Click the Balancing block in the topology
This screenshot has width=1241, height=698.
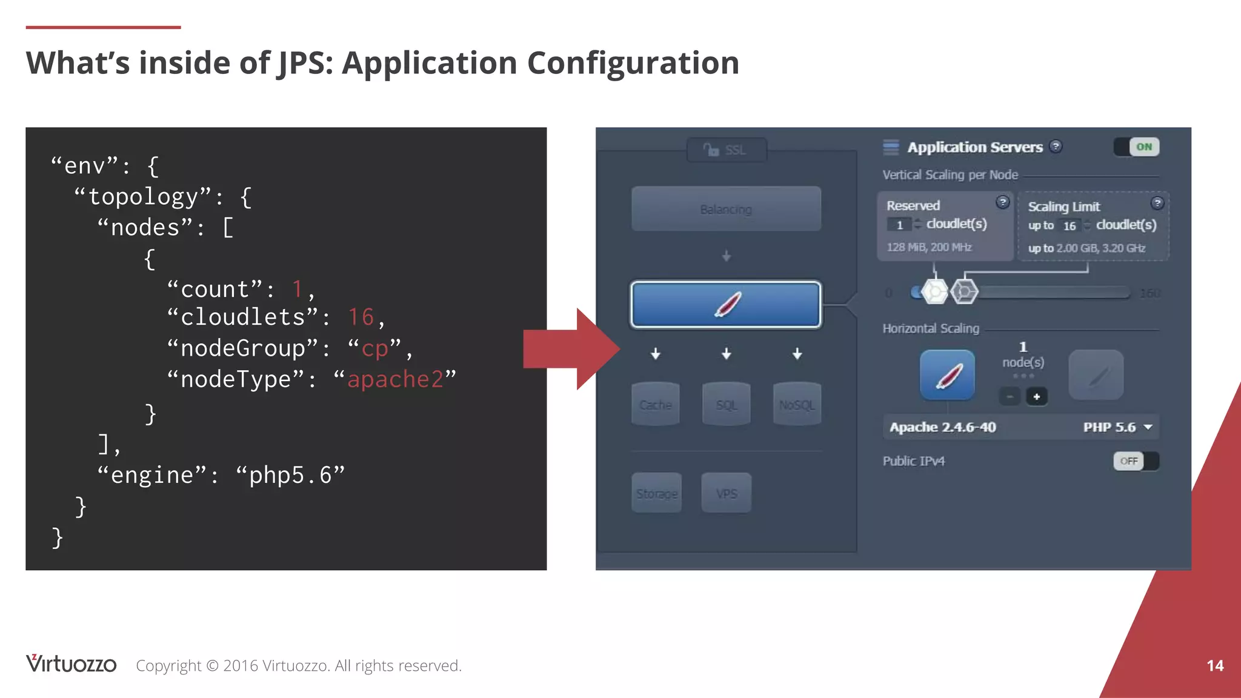click(x=726, y=209)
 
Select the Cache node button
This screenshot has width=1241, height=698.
click(x=655, y=404)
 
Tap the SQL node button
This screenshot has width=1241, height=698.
click(x=726, y=404)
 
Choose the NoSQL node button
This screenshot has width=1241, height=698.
click(x=797, y=404)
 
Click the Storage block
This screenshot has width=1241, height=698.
click(x=656, y=493)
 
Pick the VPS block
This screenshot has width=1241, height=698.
click(x=726, y=493)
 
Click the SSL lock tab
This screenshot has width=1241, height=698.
click(x=726, y=150)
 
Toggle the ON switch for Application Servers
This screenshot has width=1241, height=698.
click(x=1137, y=147)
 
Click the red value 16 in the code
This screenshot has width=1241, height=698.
click(x=361, y=317)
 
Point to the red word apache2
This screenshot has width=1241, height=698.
click(x=395, y=379)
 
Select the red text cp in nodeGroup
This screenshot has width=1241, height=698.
click(x=374, y=348)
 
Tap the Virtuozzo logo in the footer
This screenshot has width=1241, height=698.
click(x=71, y=664)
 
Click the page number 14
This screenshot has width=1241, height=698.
click(x=1215, y=665)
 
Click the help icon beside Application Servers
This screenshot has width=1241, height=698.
click(x=1056, y=147)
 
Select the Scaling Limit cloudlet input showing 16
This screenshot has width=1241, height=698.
click(x=1070, y=225)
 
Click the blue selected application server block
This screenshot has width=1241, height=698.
click(x=726, y=304)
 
